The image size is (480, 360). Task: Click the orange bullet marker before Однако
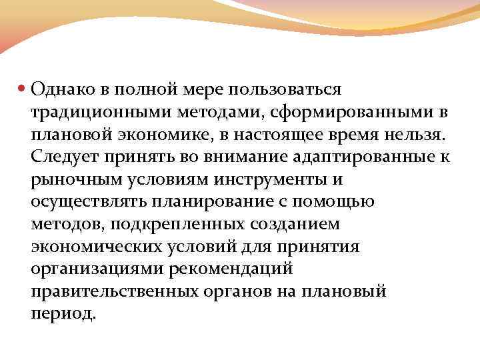click(22, 89)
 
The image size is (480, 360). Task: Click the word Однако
click(59, 89)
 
